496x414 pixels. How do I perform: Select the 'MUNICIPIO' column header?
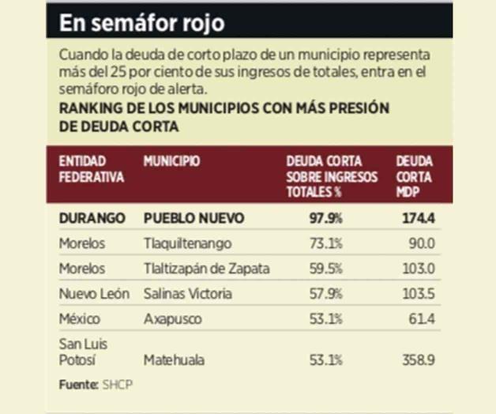pos(171,162)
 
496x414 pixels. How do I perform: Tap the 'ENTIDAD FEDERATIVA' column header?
pos(92,169)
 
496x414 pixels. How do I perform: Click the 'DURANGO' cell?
pos(92,217)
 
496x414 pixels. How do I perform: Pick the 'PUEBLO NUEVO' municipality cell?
pos(194,217)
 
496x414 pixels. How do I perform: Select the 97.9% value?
pos(325,217)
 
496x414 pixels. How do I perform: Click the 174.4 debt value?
pos(420,217)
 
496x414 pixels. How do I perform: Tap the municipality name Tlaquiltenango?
pos(187,243)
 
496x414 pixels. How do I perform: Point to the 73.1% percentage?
pos(326,243)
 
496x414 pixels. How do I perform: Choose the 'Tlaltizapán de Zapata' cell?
pos(206,269)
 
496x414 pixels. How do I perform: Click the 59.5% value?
pos(326,269)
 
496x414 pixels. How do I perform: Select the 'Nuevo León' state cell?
pos(92,294)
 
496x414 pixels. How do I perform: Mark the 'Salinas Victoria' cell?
pos(188,294)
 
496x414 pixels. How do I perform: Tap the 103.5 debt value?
pos(420,294)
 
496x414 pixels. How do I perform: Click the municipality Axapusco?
pos(173,319)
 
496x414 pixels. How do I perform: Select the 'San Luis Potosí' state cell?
pos(84,352)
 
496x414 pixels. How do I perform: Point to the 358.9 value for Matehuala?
pos(419,359)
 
